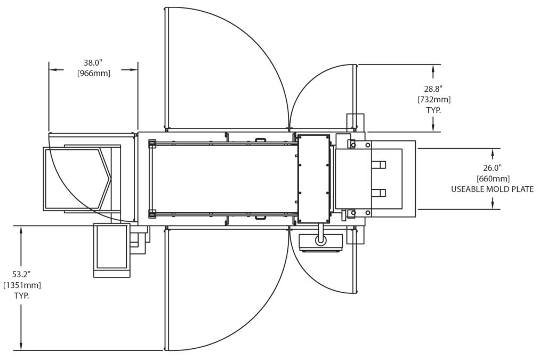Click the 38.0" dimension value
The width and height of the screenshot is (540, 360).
[94, 62]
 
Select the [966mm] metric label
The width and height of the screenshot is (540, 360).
[94, 73]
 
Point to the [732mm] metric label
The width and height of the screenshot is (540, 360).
[433, 99]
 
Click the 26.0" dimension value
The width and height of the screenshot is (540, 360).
[493, 167]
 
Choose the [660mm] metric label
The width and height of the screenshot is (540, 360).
[493, 178]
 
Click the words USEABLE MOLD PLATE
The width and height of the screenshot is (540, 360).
[492, 189]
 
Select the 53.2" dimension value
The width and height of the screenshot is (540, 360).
[21, 274]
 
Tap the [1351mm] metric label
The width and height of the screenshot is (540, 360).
[22, 285]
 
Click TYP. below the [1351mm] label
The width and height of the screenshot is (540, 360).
[21, 295]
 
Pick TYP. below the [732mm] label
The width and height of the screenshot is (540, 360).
[433, 110]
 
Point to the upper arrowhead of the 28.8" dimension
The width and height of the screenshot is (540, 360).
[433, 68]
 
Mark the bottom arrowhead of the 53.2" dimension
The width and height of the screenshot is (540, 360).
[21, 346]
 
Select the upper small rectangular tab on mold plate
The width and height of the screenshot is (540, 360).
[378, 165]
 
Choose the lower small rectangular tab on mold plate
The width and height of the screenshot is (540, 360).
[378, 193]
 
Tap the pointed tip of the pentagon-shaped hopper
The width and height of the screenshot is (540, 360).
[110, 179]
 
